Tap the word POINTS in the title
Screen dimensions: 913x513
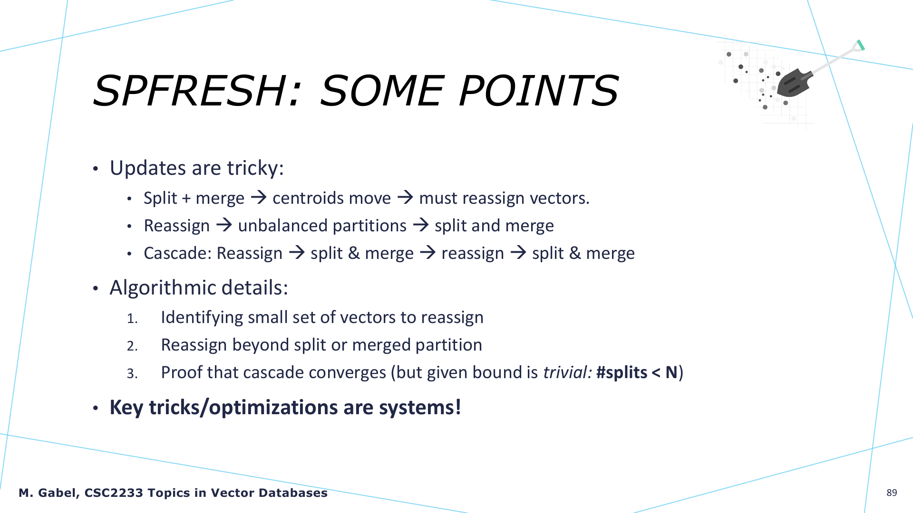(539, 90)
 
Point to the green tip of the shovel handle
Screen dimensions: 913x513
(861, 45)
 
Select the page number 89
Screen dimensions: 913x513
(892, 493)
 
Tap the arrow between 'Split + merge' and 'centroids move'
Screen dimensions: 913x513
(259, 197)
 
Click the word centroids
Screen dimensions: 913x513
(312, 198)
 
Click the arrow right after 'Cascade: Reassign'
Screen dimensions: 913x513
(297, 252)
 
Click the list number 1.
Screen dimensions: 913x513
(132, 319)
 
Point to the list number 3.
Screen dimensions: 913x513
(132, 374)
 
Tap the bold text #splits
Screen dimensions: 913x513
(622, 372)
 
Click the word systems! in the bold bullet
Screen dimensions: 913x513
(420, 408)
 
